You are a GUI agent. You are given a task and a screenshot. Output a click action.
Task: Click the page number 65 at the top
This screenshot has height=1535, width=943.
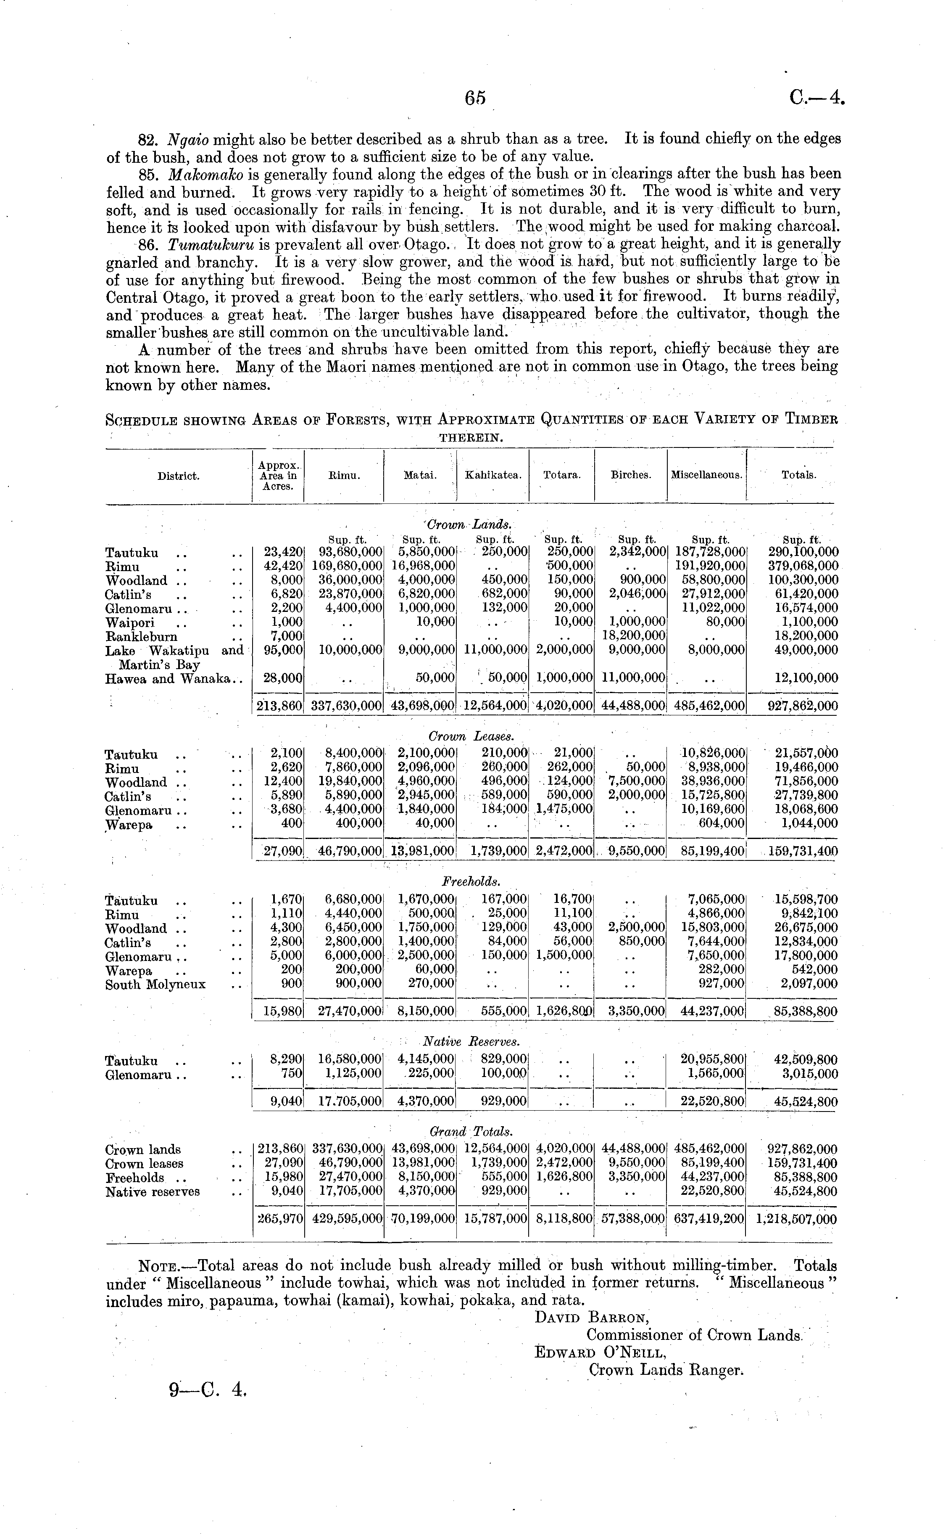(474, 98)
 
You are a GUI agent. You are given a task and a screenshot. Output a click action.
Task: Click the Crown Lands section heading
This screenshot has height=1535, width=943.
(469, 525)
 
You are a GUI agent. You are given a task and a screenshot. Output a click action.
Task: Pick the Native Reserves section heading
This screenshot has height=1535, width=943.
(471, 1041)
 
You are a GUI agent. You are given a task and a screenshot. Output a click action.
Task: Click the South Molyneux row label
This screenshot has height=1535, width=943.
(155, 985)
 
